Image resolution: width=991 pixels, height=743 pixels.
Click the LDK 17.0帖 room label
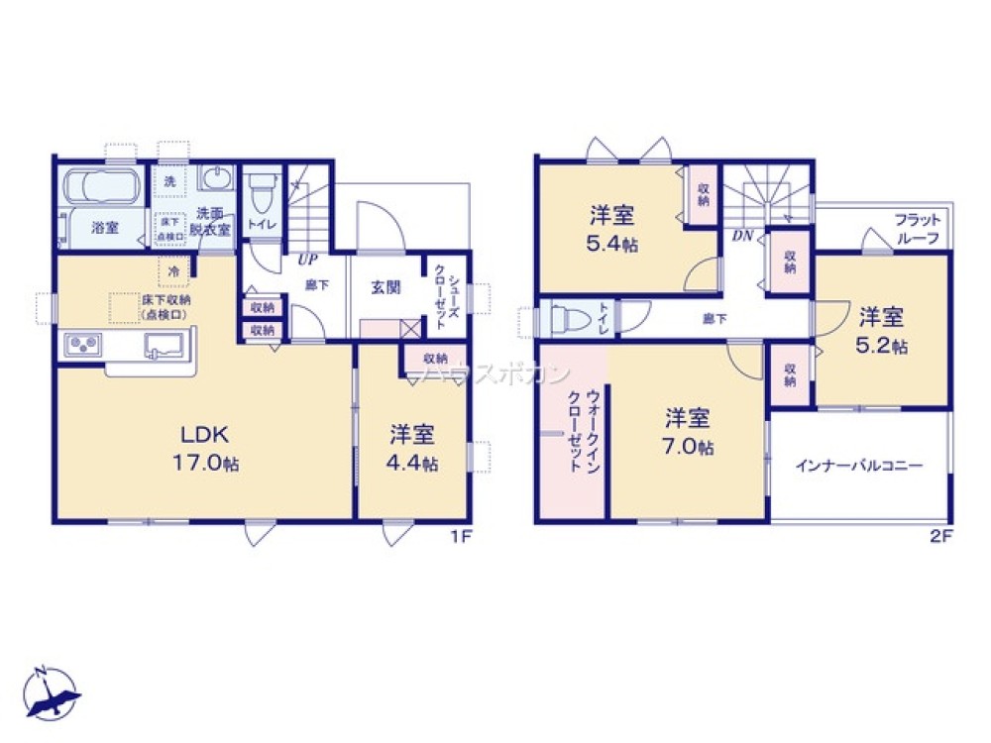point(205,447)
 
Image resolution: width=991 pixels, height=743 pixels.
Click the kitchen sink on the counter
point(163,347)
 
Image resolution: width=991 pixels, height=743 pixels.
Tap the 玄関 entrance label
point(385,288)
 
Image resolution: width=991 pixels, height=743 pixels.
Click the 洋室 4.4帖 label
point(413,447)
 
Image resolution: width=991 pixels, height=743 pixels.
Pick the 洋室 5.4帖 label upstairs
point(612,229)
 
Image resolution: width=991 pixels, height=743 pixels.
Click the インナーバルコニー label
point(858,465)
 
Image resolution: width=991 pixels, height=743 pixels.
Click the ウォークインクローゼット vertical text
point(575,428)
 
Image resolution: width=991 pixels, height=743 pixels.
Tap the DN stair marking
point(741,236)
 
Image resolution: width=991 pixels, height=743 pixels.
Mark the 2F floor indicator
point(939,536)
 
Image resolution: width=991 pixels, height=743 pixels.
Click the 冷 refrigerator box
point(172,270)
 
